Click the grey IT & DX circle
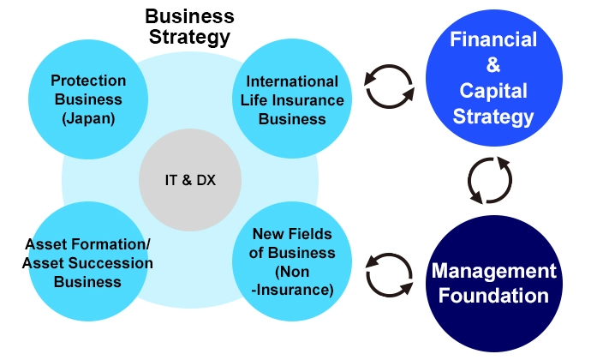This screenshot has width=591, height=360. pos(189,180)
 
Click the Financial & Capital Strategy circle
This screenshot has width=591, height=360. pos(493,77)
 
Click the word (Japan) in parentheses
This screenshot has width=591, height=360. pos(88,118)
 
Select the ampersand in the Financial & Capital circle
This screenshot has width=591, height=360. pos(493,65)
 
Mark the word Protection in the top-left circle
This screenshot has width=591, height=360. pos(88,81)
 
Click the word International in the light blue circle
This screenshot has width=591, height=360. pos(292,81)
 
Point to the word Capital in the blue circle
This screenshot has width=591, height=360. pos(493,90)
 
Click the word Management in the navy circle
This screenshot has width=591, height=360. pos(493,271)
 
